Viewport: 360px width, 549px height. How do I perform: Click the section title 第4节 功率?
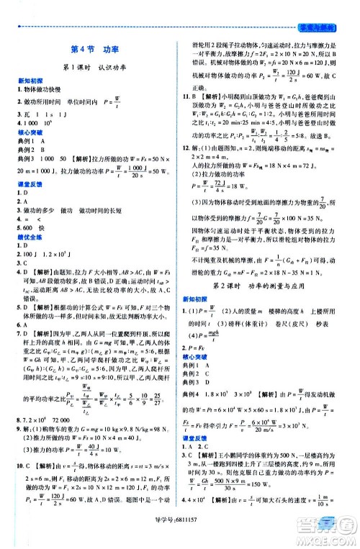click(89, 51)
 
